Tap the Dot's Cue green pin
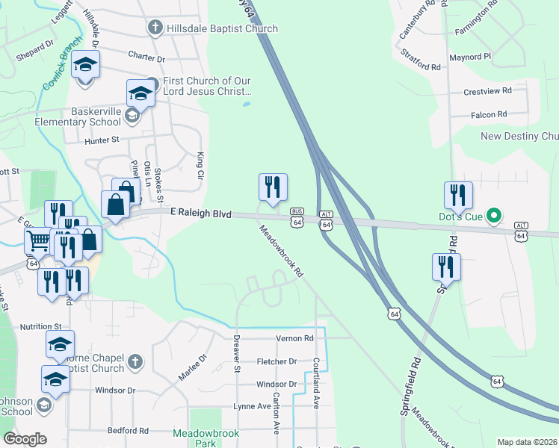493,217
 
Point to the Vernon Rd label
294,338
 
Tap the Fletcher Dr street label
277,361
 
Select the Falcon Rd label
489,114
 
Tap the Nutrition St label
40,327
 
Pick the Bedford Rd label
129,431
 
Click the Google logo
25,439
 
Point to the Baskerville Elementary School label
96,116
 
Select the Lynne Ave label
252,406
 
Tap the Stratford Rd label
421,60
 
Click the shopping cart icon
38,240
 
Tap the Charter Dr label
146,57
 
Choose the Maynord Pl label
469,57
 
